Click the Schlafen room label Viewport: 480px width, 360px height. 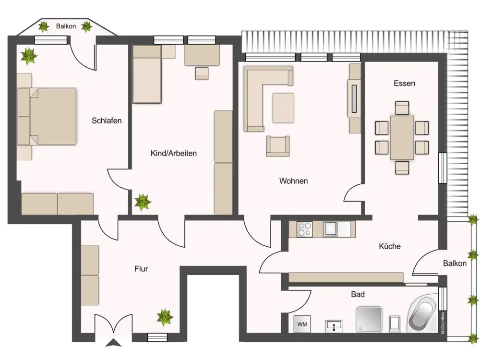coord(107,120)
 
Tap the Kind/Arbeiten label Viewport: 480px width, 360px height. coord(174,154)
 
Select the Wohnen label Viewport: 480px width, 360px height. coord(294,181)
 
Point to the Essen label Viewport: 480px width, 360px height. coord(404,83)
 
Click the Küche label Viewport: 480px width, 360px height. coord(390,246)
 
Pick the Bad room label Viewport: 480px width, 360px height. coord(358,295)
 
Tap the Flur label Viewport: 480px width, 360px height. coord(141,269)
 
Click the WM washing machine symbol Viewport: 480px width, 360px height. coord(302,324)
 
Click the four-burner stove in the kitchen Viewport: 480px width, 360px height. coord(305,229)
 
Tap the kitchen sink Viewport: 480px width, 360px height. coord(331,229)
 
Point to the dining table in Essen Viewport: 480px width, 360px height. coord(402,137)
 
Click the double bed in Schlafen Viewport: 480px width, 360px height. coord(47,117)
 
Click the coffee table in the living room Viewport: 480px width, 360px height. coord(284,108)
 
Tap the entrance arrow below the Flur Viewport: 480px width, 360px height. coord(113,343)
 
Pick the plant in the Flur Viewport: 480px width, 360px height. coord(165,317)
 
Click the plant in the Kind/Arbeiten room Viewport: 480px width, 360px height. coord(143,202)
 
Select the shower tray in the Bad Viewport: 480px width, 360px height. coord(369,320)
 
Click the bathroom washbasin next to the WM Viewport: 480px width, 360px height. coord(334,326)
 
